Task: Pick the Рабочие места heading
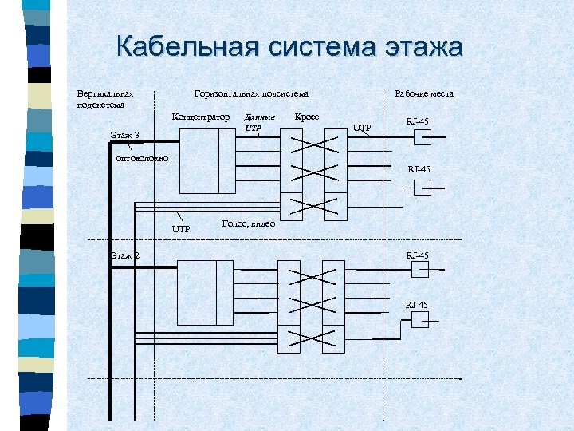[x=424, y=93]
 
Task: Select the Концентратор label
[x=201, y=117]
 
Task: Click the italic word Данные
[x=259, y=117]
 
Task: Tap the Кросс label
[x=307, y=117]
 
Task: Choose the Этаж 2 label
[x=124, y=255]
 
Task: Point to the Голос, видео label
[x=248, y=224]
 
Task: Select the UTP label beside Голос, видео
[x=182, y=230]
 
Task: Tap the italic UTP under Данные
[x=253, y=128]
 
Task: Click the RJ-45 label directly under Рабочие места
[x=418, y=121]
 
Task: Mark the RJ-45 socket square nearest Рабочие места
[x=422, y=137]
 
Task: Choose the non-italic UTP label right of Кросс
[x=362, y=127]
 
